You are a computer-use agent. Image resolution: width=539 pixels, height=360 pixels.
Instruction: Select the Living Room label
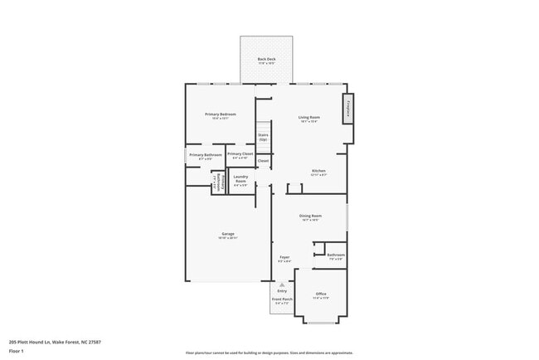(x=309, y=117)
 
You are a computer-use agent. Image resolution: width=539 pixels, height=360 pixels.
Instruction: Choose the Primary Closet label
(x=240, y=154)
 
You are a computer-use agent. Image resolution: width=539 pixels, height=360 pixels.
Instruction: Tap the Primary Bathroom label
(x=205, y=155)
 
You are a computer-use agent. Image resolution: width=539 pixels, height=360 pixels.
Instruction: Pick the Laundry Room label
(x=240, y=178)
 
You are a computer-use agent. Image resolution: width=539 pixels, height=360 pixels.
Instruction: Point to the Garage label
(x=227, y=234)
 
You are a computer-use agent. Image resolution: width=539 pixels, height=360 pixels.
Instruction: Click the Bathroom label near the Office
(x=336, y=255)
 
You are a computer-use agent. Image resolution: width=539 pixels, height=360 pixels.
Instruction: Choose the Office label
(x=321, y=294)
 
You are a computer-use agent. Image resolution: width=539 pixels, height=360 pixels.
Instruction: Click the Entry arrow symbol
(x=282, y=284)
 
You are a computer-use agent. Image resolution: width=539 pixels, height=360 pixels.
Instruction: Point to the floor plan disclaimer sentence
(x=269, y=353)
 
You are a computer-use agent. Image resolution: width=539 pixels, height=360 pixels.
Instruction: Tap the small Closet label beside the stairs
(x=263, y=160)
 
